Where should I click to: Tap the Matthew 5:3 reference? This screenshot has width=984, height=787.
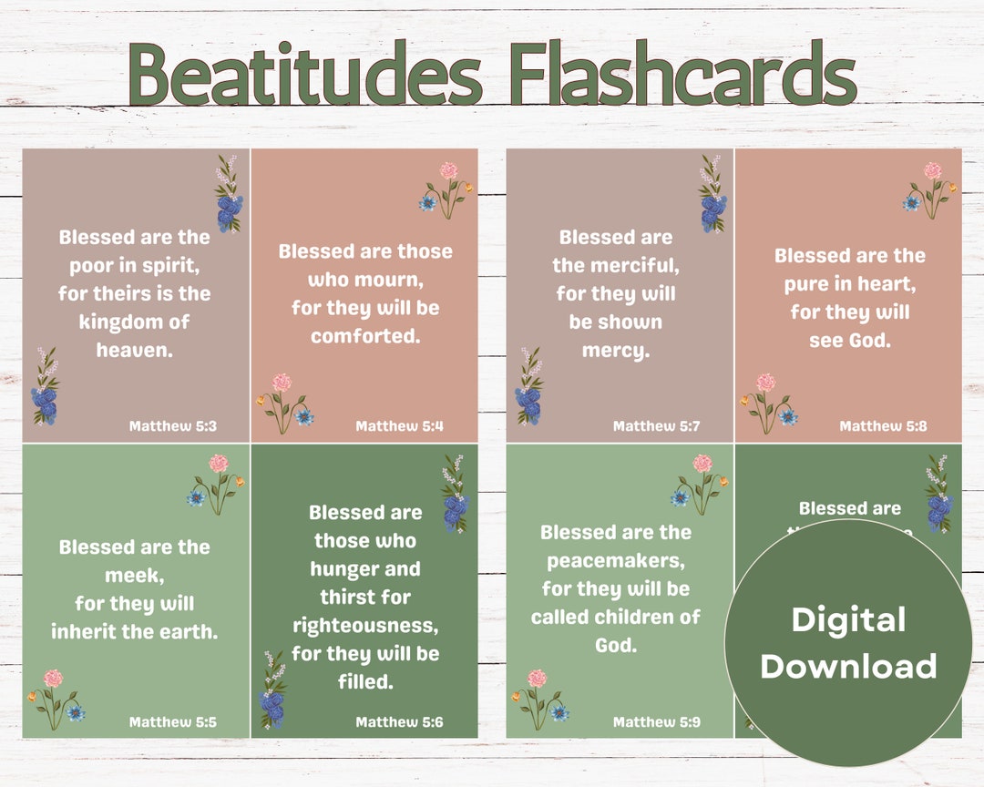click(173, 426)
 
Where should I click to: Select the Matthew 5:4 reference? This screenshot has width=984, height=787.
click(400, 426)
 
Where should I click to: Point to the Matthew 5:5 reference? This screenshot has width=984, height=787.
click(173, 722)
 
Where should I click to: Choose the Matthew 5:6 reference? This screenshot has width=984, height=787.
click(400, 722)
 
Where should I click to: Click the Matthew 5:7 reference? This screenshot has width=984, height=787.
click(657, 426)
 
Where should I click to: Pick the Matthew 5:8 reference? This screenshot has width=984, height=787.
click(884, 426)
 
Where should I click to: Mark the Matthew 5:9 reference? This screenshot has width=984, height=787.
click(657, 722)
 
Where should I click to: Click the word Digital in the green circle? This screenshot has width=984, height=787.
click(848, 620)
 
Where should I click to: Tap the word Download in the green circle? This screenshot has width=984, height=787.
click(848, 666)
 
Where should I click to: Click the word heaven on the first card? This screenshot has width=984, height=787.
click(135, 350)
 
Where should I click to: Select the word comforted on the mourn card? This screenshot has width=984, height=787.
click(365, 336)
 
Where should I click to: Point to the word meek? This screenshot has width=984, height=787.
click(135, 576)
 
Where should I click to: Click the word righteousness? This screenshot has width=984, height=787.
click(365, 626)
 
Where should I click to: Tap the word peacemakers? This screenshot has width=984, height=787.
click(616, 561)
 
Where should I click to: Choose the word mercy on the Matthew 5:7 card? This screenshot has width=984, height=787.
click(616, 350)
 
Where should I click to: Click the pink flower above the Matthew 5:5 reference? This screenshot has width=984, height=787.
click(53, 679)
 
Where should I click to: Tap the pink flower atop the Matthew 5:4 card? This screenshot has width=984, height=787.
click(448, 170)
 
